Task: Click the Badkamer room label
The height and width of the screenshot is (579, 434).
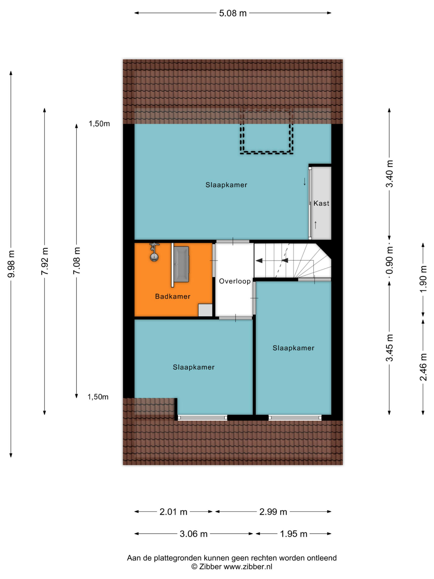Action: coord(173,296)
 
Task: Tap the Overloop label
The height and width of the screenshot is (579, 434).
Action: coord(235,281)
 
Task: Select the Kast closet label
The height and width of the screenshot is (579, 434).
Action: coord(321,203)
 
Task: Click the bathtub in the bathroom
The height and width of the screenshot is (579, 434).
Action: coord(181,264)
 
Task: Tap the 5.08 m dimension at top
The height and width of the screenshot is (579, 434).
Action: coord(233,13)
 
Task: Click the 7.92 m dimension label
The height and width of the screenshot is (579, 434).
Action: coord(45,261)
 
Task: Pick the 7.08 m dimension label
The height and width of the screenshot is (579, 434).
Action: coord(77,261)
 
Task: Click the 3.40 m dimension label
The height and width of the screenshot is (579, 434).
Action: coord(389,174)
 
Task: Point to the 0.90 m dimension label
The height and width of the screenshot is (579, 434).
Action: coord(389,260)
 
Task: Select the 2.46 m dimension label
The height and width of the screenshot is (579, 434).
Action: coord(423,367)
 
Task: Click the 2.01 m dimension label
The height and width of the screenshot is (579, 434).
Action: coord(173,512)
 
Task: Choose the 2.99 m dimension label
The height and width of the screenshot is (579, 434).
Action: coord(273,512)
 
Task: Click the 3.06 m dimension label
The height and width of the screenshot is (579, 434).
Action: coord(194,534)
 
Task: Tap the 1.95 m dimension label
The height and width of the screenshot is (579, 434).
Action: coord(294,534)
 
